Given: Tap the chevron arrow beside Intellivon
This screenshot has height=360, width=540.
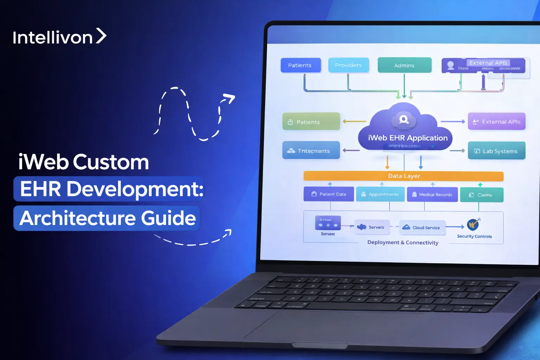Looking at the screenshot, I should pos(101,36).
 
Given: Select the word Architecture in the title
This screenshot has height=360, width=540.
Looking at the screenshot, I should pos(78,218).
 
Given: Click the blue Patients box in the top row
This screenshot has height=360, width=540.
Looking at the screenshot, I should pos(301,65).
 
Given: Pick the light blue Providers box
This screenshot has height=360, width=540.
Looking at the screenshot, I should pos(348,65).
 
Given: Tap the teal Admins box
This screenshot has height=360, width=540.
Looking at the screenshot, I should pos(404,65).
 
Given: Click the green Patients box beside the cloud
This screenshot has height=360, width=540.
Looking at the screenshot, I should pos(311,122).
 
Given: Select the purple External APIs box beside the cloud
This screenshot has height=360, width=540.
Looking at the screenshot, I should pos(496,122).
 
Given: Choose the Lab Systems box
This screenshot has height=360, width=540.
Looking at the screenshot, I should pos(496,151).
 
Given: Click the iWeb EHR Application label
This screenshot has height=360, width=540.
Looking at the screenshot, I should pos(407,138).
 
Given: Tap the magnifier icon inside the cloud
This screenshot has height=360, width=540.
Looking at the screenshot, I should pos(404,120).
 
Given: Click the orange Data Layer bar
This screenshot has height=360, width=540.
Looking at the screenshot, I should pos(404,176).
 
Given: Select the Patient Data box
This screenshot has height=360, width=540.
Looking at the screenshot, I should pos(329,194).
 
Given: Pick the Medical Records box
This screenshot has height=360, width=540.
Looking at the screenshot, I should pos(432,194).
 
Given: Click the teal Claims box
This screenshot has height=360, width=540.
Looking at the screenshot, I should pos(481,195).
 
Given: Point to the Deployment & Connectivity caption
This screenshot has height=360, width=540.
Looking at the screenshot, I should pos(403,242).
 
